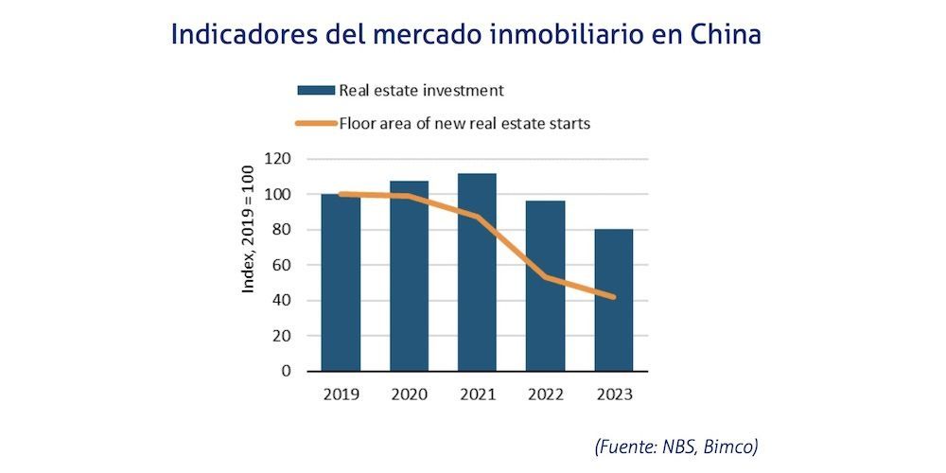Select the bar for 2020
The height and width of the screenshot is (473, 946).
point(409,284)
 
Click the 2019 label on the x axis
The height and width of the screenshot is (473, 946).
point(341,394)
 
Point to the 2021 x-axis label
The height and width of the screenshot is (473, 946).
point(477,394)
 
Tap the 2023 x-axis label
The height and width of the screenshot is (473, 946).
point(613,394)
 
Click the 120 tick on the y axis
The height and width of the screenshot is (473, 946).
point(278,159)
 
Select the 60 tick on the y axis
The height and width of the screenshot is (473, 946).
point(281,265)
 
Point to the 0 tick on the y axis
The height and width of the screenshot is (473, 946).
point(285,371)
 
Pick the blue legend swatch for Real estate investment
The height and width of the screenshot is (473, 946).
point(316,91)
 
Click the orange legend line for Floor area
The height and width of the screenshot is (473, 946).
point(316,123)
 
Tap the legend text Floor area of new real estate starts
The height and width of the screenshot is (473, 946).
point(464,123)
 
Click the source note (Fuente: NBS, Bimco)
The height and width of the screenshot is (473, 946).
point(675,446)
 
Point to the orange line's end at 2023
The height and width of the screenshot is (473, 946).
point(613,297)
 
